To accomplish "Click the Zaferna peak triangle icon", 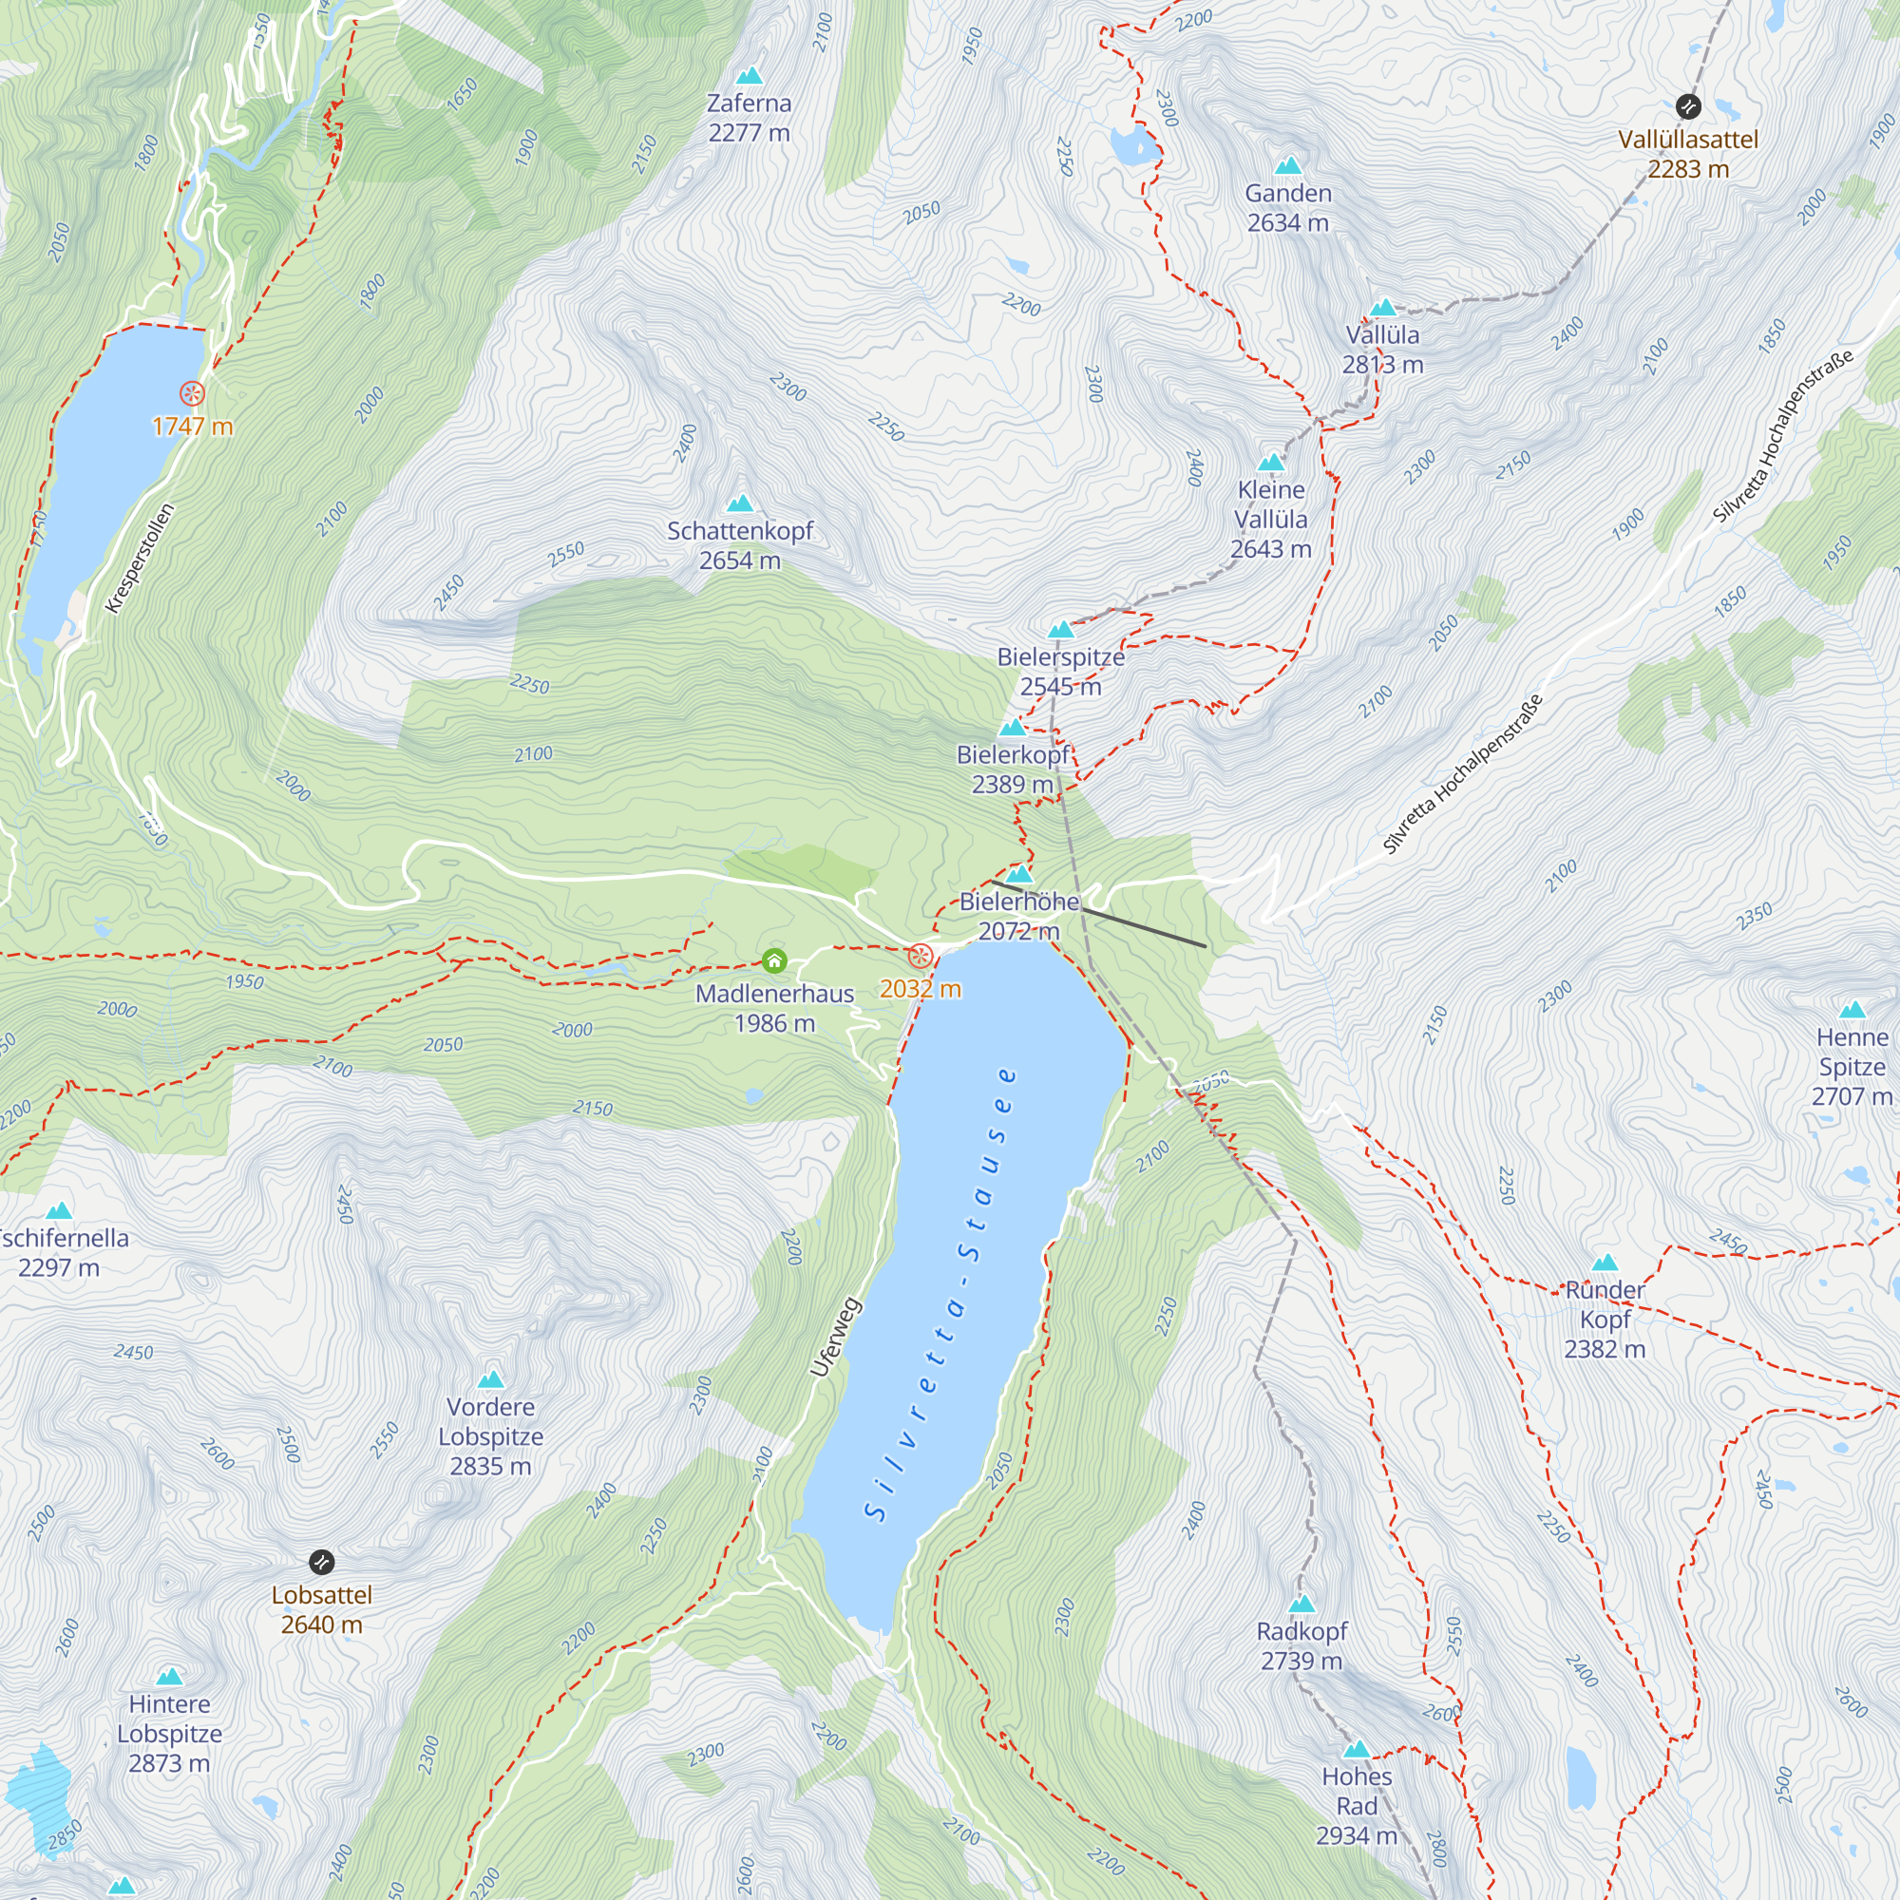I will tap(750, 76).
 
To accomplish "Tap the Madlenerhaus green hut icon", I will tap(775, 960).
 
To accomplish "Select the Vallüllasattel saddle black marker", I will tap(1687, 105).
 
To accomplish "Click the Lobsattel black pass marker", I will tap(322, 1562).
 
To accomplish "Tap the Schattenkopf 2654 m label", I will tap(739, 546).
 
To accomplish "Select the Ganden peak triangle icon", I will tap(1288, 165).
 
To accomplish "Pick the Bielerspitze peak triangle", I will tap(1060, 630).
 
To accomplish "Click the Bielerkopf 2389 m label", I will tap(1013, 769).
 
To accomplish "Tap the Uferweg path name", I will tap(836, 1338).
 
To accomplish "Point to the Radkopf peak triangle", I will tap(1302, 1604).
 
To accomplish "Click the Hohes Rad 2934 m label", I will tap(1357, 1806).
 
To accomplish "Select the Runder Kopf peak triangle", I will tap(1605, 1263).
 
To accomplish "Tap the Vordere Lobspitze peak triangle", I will tap(491, 1379).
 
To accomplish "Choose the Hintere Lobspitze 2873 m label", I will tap(169, 1733).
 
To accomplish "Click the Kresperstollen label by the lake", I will tap(140, 558).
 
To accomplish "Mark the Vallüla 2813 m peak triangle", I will tap(1382, 307).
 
